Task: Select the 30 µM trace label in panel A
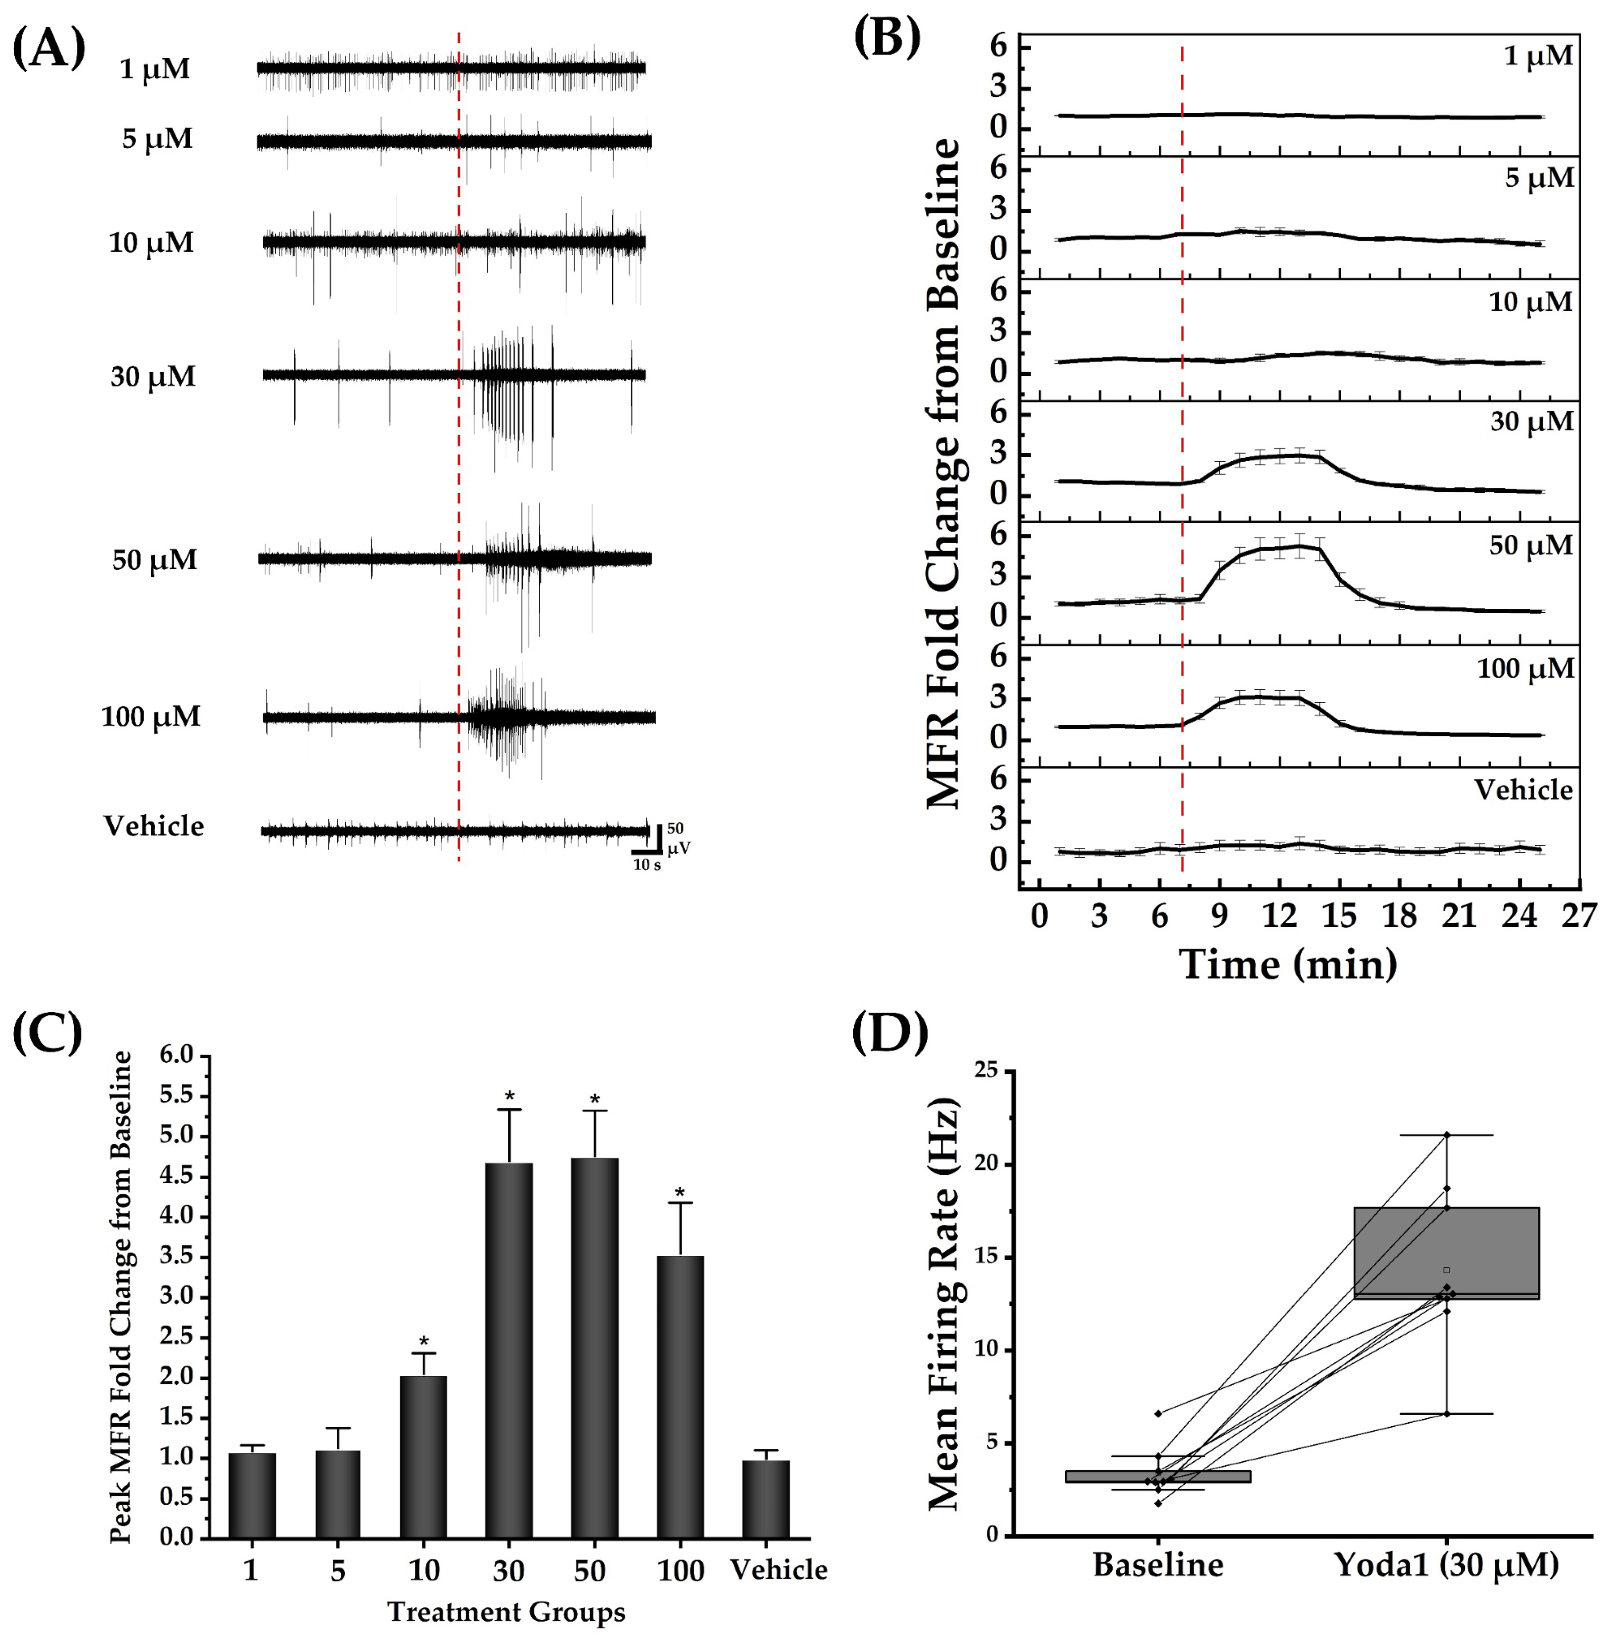pos(153,377)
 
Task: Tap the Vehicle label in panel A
pos(153,826)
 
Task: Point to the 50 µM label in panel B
pos(1531,546)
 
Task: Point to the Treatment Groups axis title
pos(506,1612)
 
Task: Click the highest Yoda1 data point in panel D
pos(1447,1135)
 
